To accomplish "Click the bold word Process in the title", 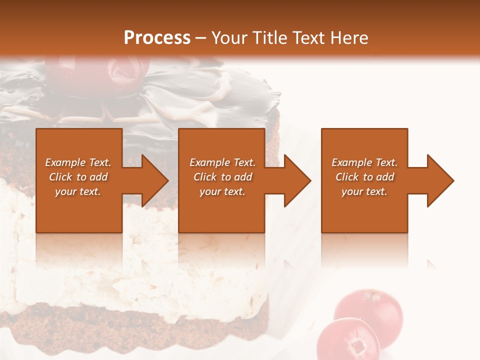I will pyautogui.click(x=157, y=38).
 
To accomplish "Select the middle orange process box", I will pyautogui.click(x=221, y=210).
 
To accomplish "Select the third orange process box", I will pyautogui.click(x=364, y=210).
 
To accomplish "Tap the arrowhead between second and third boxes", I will pyautogui.click(x=296, y=180).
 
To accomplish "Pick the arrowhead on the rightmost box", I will pyautogui.click(x=439, y=180).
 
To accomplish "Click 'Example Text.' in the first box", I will pyautogui.click(x=78, y=162).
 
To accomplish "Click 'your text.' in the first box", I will pyautogui.click(x=78, y=191).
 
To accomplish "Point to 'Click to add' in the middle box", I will pyautogui.click(x=222, y=177).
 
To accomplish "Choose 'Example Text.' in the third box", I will pyautogui.click(x=364, y=162).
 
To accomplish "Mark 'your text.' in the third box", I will pyautogui.click(x=364, y=191).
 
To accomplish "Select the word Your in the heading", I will pyautogui.click(x=230, y=38).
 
